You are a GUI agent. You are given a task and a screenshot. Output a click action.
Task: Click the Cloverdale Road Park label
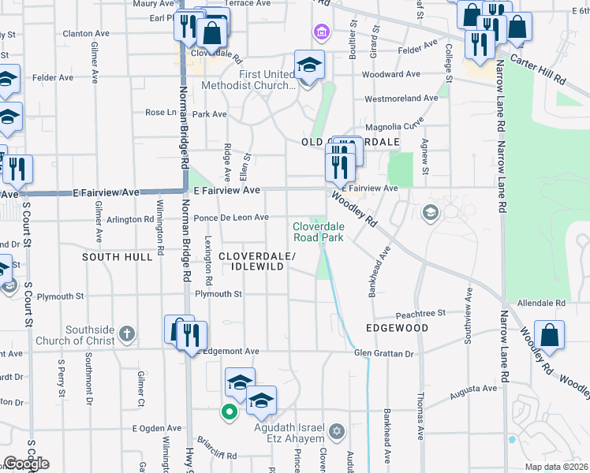(318, 231)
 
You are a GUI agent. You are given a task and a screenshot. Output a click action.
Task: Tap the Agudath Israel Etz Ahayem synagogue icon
(338, 431)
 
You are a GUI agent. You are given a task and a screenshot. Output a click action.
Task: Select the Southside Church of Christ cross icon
(129, 334)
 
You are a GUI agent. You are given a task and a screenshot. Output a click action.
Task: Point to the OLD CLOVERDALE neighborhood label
(350, 141)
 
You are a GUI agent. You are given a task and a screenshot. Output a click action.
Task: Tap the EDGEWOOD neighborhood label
(397, 328)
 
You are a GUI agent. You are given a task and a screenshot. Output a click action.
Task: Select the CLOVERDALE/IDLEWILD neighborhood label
(257, 263)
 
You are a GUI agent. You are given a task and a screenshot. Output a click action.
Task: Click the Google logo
(26, 464)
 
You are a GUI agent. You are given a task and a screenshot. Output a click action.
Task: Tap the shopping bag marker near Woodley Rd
(549, 333)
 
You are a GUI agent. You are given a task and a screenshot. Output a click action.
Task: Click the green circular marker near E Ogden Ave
(230, 411)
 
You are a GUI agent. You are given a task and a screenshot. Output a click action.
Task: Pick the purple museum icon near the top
(320, 32)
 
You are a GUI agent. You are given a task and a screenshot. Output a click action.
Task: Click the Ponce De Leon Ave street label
(232, 218)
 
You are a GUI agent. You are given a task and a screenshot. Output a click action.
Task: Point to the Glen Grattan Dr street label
(384, 354)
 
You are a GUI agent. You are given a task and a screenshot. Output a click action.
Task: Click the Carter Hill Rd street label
(539, 69)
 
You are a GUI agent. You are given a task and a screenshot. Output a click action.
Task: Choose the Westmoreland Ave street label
(401, 99)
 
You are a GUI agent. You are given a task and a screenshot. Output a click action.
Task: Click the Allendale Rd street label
(542, 303)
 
